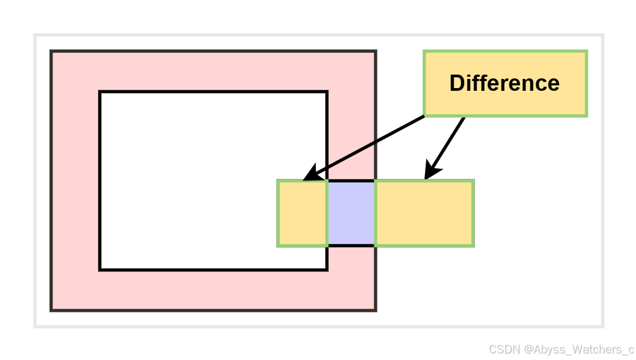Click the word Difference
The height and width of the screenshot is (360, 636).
click(x=504, y=83)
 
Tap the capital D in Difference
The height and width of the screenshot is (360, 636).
click(x=457, y=83)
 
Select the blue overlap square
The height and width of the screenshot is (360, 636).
click(x=351, y=213)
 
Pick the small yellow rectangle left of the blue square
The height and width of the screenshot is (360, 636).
click(x=303, y=213)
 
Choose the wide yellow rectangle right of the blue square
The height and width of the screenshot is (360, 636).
click(x=424, y=213)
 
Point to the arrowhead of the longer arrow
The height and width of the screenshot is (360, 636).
click(x=308, y=177)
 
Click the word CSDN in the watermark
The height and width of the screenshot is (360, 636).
click(x=504, y=349)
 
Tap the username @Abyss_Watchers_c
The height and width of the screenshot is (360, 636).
click(x=578, y=349)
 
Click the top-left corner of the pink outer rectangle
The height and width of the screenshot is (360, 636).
click(x=51, y=51)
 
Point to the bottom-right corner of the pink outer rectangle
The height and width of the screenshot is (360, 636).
click(x=375, y=310)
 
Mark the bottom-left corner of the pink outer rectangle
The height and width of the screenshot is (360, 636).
click(x=51, y=310)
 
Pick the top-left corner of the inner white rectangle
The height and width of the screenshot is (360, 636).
click(x=100, y=92)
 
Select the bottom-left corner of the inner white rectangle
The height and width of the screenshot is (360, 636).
click(x=100, y=269)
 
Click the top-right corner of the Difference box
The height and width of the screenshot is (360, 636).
click(x=586, y=52)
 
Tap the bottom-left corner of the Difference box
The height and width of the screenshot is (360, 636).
click(x=425, y=115)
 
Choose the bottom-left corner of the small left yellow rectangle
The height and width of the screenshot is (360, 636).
click(x=279, y=246)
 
